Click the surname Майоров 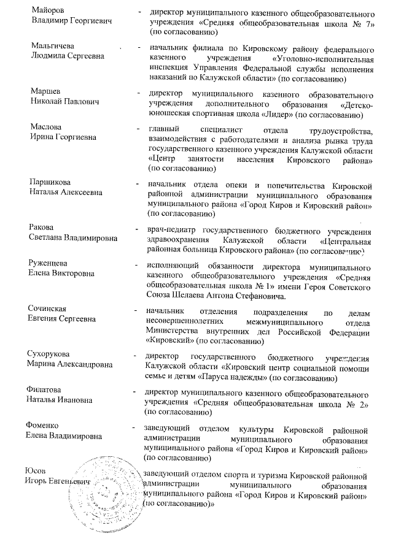pyautogui.click(x=48, y=12)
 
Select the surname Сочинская pyautogui.click(x=50, y=308)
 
